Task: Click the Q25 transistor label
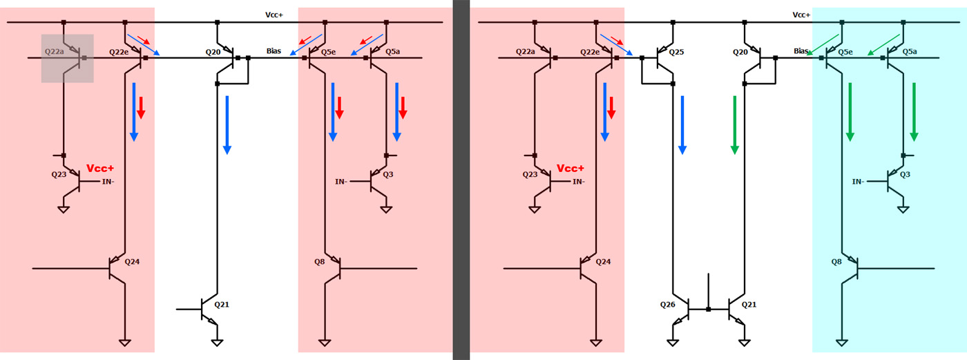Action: point(676,52)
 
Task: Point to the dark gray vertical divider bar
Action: point(461,180)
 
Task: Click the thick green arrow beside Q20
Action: point(735,124)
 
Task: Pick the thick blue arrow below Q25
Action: point(682,124)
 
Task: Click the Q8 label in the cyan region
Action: point(836,261)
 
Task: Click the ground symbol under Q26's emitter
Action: point(674,341)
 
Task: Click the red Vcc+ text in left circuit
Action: point(100,169)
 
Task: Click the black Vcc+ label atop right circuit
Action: point(801,15)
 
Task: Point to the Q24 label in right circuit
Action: point(603,261)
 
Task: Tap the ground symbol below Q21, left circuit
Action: point(217,341)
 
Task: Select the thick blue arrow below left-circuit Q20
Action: point(227,124)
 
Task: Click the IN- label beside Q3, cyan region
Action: point(858,182)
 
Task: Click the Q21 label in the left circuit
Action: point(222,304)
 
